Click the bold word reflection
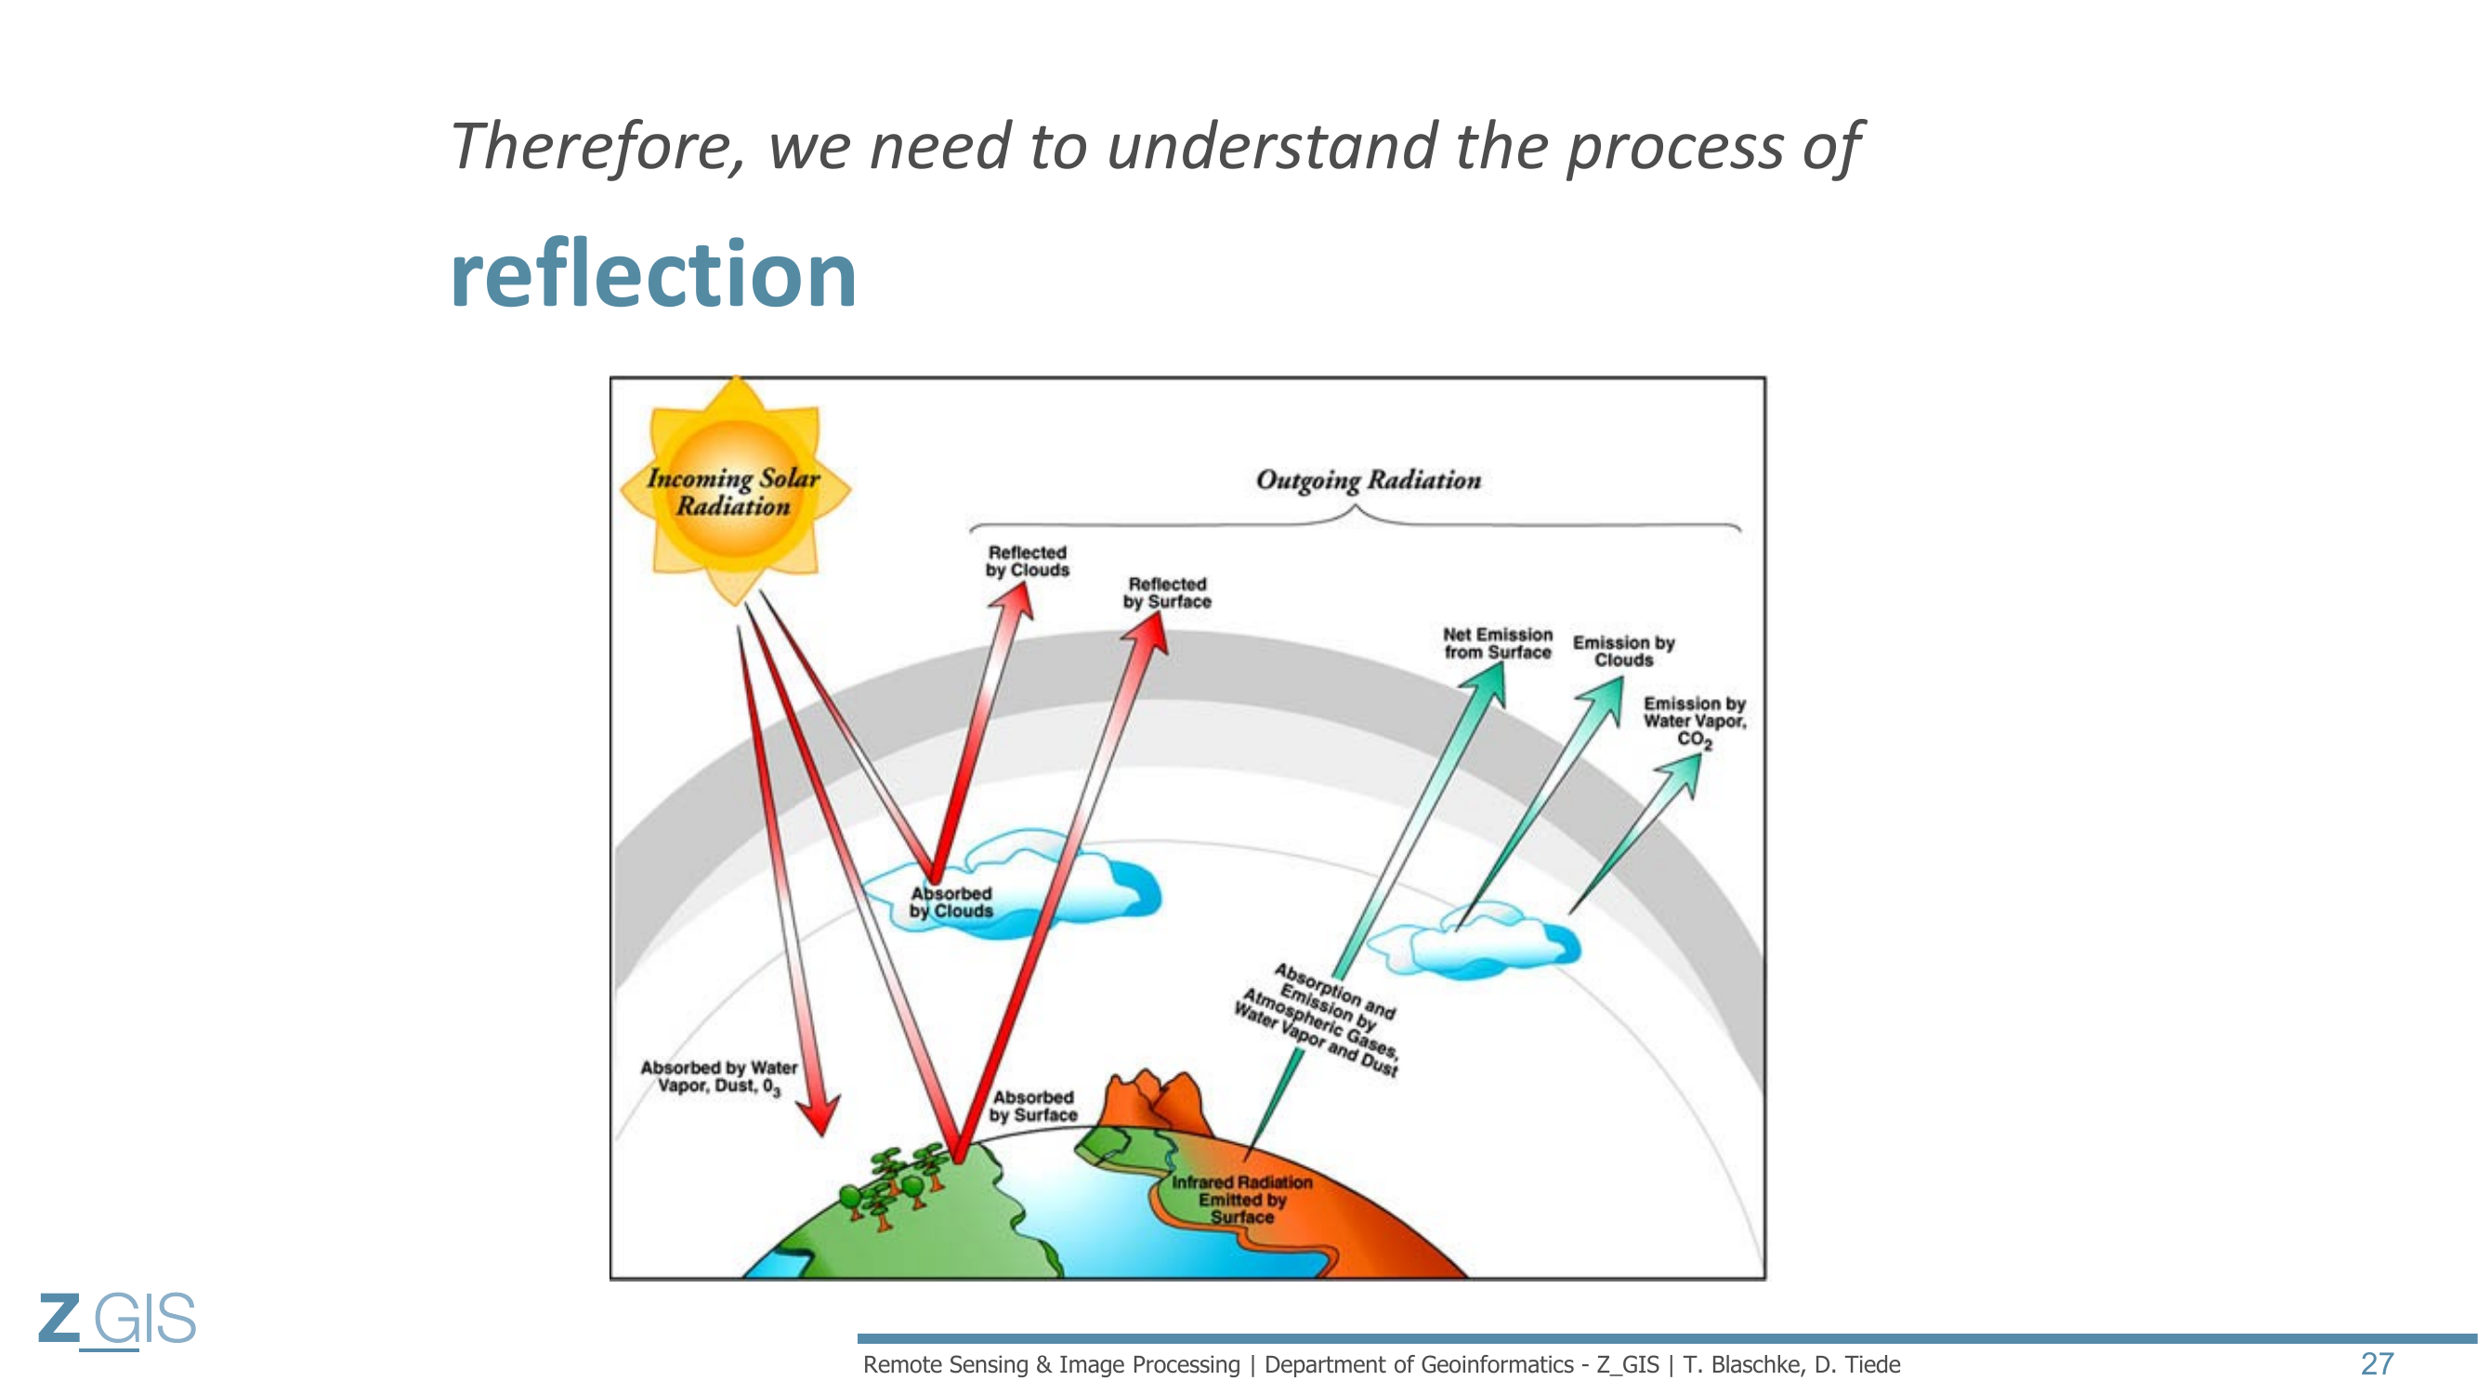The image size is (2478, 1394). point(653,275)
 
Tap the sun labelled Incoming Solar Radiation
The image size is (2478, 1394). point(735,491)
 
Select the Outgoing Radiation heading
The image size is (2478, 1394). point(1368,480)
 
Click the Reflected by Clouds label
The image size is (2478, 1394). point(1028,561)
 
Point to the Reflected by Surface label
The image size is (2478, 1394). point(1167,593)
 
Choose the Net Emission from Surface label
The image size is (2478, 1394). point(1497,643)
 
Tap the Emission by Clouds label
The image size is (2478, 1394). point(1624,651)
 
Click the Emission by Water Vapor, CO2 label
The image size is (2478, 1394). point(1694,720)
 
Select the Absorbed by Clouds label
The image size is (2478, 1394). point(951,902)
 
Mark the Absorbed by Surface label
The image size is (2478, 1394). point(1033,1106)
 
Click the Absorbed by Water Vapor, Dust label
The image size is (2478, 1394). point(718,1076)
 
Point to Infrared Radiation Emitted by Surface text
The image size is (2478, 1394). point(1241,1199)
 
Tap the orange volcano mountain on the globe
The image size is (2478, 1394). point(1154,1101)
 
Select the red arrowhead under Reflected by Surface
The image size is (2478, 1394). point(1149,633)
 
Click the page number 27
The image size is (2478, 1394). point(2376,1363)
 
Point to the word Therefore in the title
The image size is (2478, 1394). point(597,146)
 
